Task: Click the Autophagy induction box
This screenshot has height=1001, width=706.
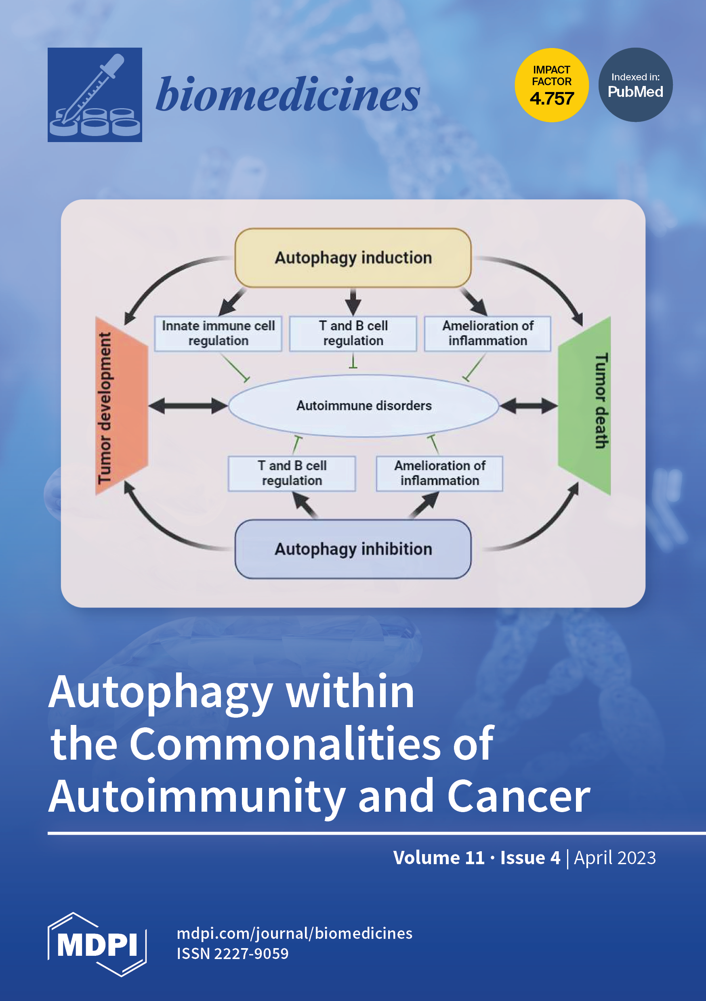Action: coord(353,258)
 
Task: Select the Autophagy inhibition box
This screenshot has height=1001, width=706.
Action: coord(353,549)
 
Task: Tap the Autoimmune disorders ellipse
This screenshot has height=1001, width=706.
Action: coord(364,406)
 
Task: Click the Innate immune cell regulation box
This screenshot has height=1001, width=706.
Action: coord(218,333)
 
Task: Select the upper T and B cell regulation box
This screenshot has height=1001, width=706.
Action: coord(353,333)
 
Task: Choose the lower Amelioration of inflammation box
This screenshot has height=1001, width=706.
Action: coord(439,473)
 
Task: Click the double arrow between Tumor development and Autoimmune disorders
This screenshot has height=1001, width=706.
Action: coord(188,406)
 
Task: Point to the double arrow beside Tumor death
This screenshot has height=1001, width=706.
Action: coord(528,406)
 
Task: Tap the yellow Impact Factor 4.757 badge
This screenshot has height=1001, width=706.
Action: coord(552,85)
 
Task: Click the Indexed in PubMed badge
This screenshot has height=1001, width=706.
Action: coord(635,85)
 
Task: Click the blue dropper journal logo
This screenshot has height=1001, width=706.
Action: coord(95,94)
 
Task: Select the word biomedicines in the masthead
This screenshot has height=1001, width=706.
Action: coord(288,94)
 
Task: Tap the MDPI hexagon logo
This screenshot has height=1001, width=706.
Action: coord(97,944)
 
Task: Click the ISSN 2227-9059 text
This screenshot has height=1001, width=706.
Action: coord(233,953)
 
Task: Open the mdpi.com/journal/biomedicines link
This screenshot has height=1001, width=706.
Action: coord(294,934)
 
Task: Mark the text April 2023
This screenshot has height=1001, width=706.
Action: coord(614,858)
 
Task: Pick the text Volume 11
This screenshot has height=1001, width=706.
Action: coord(439,858)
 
